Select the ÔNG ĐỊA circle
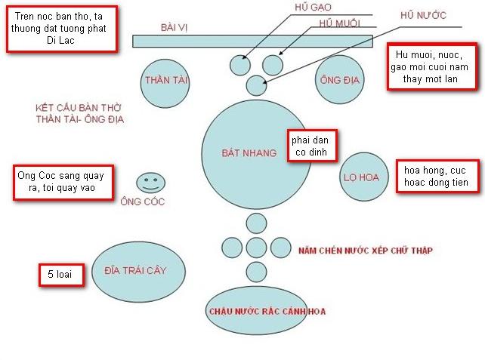coord(341,78)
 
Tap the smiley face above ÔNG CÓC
coord(151,182)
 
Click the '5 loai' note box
coord(60,275)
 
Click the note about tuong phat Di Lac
coord(62,29)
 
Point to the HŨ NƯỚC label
coord(422,15)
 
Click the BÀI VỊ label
coord(173,27)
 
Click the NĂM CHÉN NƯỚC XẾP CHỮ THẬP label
coord(365,250)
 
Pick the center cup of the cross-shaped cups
coord(257,247)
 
